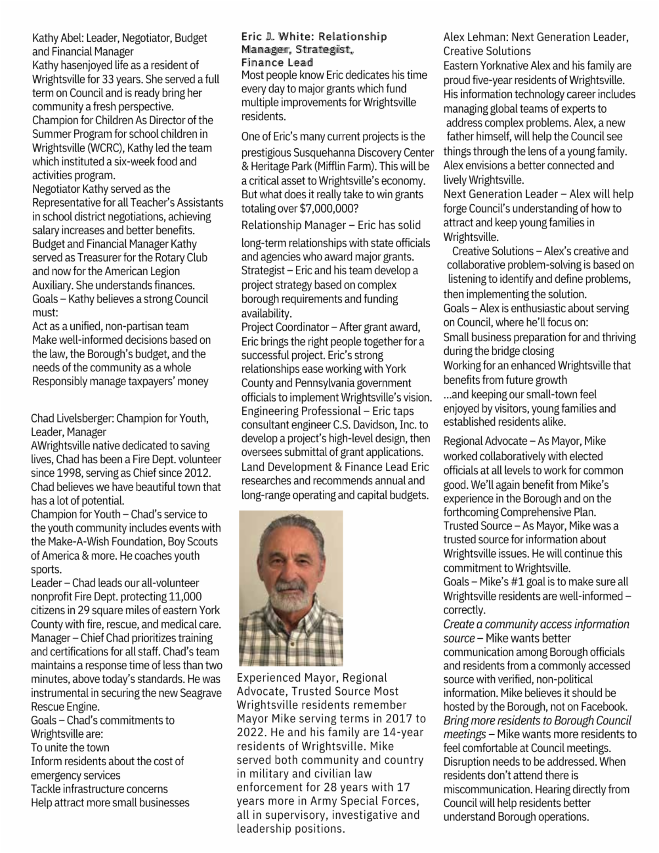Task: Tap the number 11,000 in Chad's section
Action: [183, 596]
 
